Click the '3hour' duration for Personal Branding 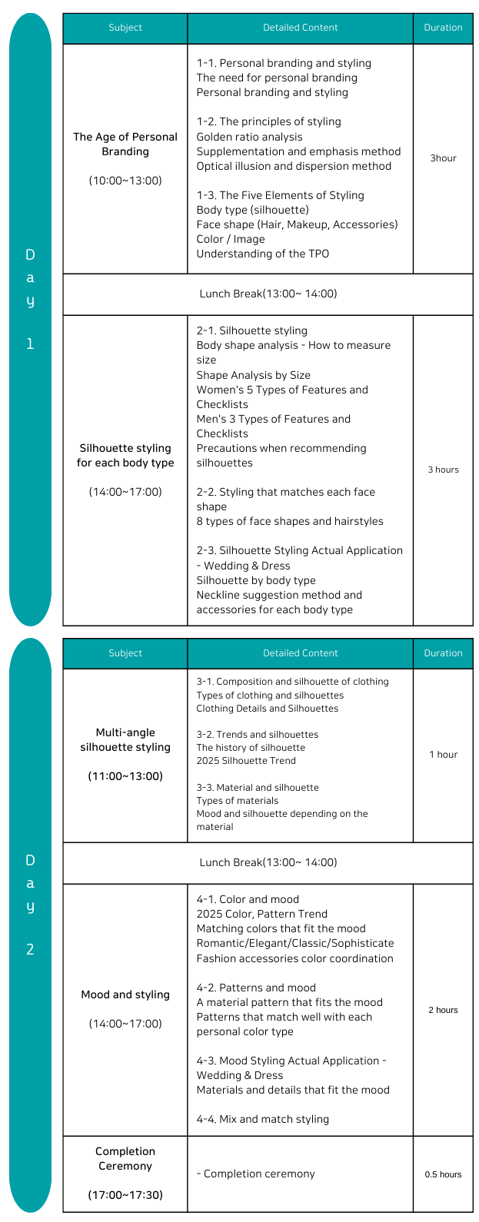[443, 158]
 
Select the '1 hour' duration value [443, 755]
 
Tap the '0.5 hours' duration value [443, 1174]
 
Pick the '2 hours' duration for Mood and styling [443, 1010]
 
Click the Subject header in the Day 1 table [125, 28]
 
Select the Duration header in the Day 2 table [443, 653]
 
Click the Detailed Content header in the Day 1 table [300, 28]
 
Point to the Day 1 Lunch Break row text [268, 294]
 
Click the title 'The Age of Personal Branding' [125, 144]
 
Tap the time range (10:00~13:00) [125, 181]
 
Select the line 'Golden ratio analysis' [249, 137]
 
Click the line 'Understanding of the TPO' [262, 254]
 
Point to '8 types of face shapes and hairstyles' [289, 521]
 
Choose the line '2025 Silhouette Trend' [245, 761]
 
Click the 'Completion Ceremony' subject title [125, 1158]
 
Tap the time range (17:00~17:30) [125, 1195]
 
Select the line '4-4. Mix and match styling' [262, 1119]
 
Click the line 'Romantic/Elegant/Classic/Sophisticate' [294, 943]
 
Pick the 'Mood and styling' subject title [125, 995]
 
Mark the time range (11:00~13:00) [125, 776]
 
